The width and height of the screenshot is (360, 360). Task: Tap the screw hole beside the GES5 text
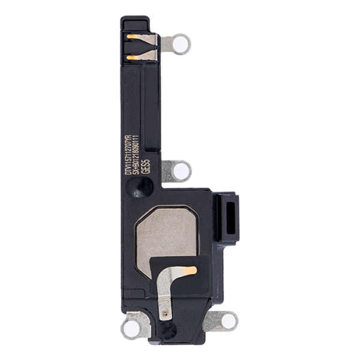[x=180, y=171]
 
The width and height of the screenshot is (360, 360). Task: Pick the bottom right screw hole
[x=229, y=322]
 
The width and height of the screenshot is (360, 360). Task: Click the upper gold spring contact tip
[x=133, y=37]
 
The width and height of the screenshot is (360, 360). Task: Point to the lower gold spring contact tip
[x=133, y=58]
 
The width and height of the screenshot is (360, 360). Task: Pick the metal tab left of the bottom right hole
[x=211, y=322]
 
